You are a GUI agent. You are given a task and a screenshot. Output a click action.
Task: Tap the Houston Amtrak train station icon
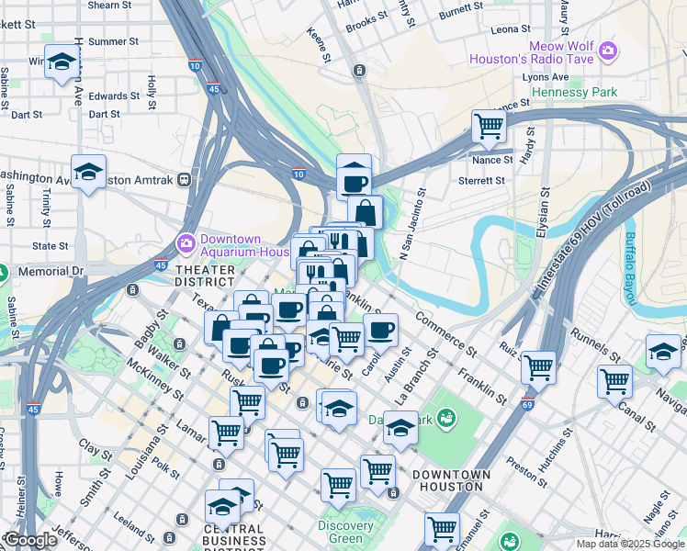pos(185,179)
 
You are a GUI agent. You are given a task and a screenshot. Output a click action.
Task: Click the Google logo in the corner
pos(30,540)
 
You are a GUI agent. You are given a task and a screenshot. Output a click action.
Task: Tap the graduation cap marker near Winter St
pos(61,62)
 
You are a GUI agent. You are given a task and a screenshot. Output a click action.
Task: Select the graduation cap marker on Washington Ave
pos(88,172)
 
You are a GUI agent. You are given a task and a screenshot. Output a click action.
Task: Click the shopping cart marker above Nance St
pos(489,125)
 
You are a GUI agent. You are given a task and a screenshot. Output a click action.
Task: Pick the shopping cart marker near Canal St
pos(614,380)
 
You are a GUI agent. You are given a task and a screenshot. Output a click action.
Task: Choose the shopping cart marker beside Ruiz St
pos(538,367)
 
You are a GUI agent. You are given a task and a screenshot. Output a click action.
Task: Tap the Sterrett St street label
pos(481,182)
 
